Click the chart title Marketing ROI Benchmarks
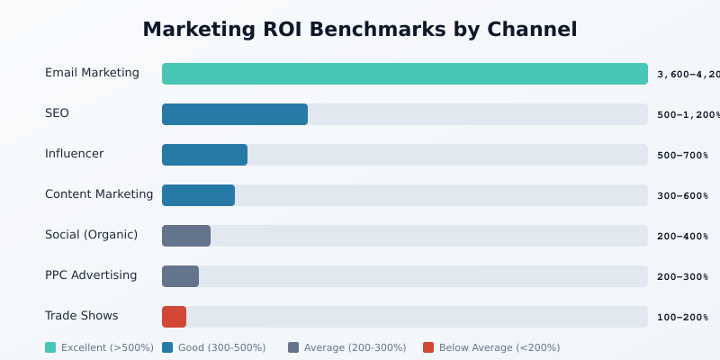pos(360,30)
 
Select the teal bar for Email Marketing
pos(404,74)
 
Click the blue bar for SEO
pos(235,114)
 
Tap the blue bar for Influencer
pos(204,155)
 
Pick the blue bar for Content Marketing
pos(198,195)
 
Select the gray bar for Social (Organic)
pos(186,236)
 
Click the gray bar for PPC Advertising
pos(180,276)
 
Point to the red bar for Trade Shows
pos(174,317)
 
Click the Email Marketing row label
pos(92,73)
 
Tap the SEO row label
pos(57,113)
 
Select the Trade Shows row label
pos(81,316)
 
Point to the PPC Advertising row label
pos(91,275)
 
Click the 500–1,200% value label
pos(688,115)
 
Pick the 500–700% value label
pos(682,156)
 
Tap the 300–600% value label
pos(682,196)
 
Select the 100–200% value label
pos(682,318)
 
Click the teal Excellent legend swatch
pos(50,347)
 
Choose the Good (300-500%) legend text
pos(222,347)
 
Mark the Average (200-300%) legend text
pos(355,347)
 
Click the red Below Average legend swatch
pos(428,347)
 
